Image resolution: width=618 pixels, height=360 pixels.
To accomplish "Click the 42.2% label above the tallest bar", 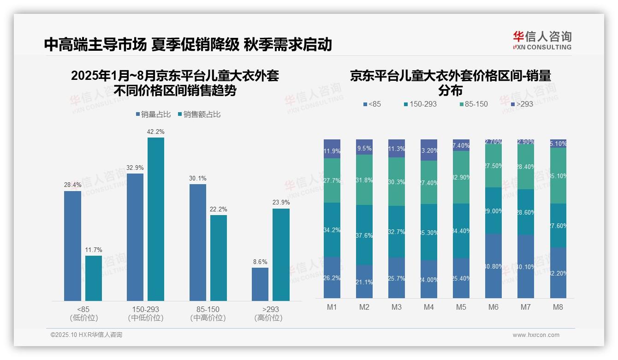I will coord(155,132).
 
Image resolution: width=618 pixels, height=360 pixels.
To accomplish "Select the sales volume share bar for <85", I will coord(72,246).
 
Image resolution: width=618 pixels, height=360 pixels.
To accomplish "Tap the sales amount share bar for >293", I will coord(281,254).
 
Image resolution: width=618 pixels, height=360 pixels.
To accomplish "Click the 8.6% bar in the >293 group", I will coord(260,284).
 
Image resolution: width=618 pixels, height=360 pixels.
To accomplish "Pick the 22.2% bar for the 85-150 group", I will coord(219,258).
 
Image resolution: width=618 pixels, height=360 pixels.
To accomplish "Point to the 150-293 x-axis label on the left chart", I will coord(146,309).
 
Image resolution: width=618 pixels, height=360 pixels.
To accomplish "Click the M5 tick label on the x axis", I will coord(461,307).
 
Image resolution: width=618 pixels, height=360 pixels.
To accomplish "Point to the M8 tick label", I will coord(558,307).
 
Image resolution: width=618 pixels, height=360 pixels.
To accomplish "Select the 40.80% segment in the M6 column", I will coord(493,266).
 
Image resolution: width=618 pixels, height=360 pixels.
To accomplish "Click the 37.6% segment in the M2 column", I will coord(364,235).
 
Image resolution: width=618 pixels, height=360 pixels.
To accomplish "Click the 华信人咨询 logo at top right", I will coord(542,40).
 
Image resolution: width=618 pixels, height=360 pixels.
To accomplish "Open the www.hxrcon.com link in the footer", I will coord(535,335).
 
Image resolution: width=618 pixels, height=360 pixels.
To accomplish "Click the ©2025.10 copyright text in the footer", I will coord(86,335).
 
